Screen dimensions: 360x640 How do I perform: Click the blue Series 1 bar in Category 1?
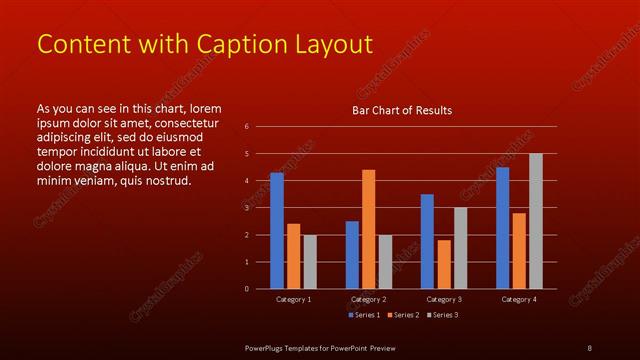click(x=277, y=230)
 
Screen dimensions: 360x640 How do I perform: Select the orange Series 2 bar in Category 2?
click(x=368, y=229)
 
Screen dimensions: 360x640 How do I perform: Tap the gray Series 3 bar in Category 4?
click(x=535, y=221)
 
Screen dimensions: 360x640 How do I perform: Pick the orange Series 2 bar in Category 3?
click(x=443, y=264)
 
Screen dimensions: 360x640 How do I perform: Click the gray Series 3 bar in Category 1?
click(x=310, y=261)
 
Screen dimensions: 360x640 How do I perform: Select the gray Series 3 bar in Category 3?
click(x=460, y=248)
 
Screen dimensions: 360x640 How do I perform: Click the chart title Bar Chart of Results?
click(x=401, y=110)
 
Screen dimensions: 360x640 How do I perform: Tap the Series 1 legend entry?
click(x=362, y=315)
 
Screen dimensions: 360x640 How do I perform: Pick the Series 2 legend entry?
click(x=401, y=315)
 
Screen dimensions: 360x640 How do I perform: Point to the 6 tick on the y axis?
click(x=246, y=127)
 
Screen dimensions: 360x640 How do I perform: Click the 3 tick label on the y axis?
click(x=246, y=208)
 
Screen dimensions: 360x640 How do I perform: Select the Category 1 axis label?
click(x=293, y=299)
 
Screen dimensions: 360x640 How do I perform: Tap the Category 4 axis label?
click(x=518, y=299)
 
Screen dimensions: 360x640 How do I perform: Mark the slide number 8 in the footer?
click(x=589, y=347)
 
